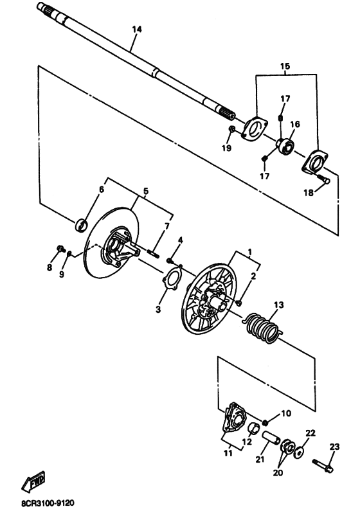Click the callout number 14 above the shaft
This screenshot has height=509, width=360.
(137, 29)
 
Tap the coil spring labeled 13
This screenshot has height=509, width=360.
(263, 327)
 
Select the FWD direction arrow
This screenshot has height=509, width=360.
(33, 481)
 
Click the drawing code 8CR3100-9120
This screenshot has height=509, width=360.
(48, 503)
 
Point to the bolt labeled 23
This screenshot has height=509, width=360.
(323, 465)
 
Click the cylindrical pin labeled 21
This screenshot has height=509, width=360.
(272, 438)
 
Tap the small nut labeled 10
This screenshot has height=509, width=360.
(265, 422)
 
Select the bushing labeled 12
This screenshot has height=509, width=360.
(254, 429)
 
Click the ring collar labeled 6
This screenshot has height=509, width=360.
(81, 226)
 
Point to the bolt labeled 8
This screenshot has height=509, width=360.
(60, 249)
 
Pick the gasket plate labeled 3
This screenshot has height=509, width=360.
(171, 278)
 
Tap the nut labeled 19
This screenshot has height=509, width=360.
(232, 129)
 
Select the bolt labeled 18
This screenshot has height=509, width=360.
(323, 179)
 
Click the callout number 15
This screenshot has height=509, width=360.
(285, 66)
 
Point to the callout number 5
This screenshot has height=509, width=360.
(145, 191)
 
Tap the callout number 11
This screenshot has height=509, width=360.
(228, 453)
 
